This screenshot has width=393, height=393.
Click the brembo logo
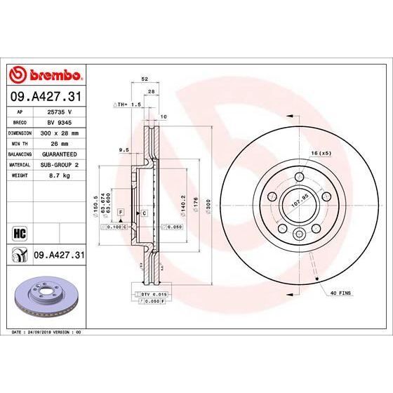coord(45,75)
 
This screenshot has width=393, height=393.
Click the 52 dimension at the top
coord(144,79)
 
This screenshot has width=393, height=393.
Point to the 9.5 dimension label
coord(124,149)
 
